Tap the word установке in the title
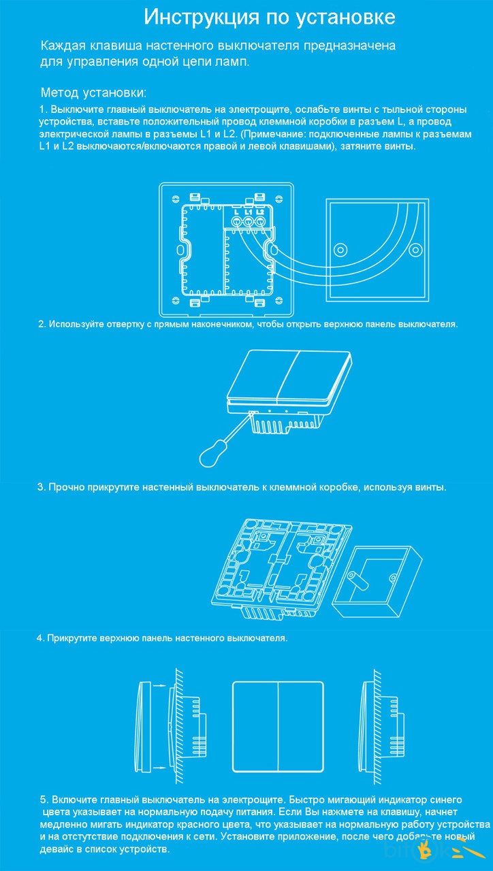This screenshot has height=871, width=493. coord(345,18)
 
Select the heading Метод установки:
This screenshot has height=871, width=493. coord(94,93)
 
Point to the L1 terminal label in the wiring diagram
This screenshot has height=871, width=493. coord(248,212)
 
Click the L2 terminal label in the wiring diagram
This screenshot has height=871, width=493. coord(260,212)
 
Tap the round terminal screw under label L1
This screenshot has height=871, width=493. coord(248,222)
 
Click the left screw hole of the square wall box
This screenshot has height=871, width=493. coord(340,249)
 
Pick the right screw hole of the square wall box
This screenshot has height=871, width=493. coord(415,249)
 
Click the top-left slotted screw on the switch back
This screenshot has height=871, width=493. coord(176,199)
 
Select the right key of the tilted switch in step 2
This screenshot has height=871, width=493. coord(315,377)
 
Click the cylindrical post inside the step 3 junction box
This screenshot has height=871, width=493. coord(358,580)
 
